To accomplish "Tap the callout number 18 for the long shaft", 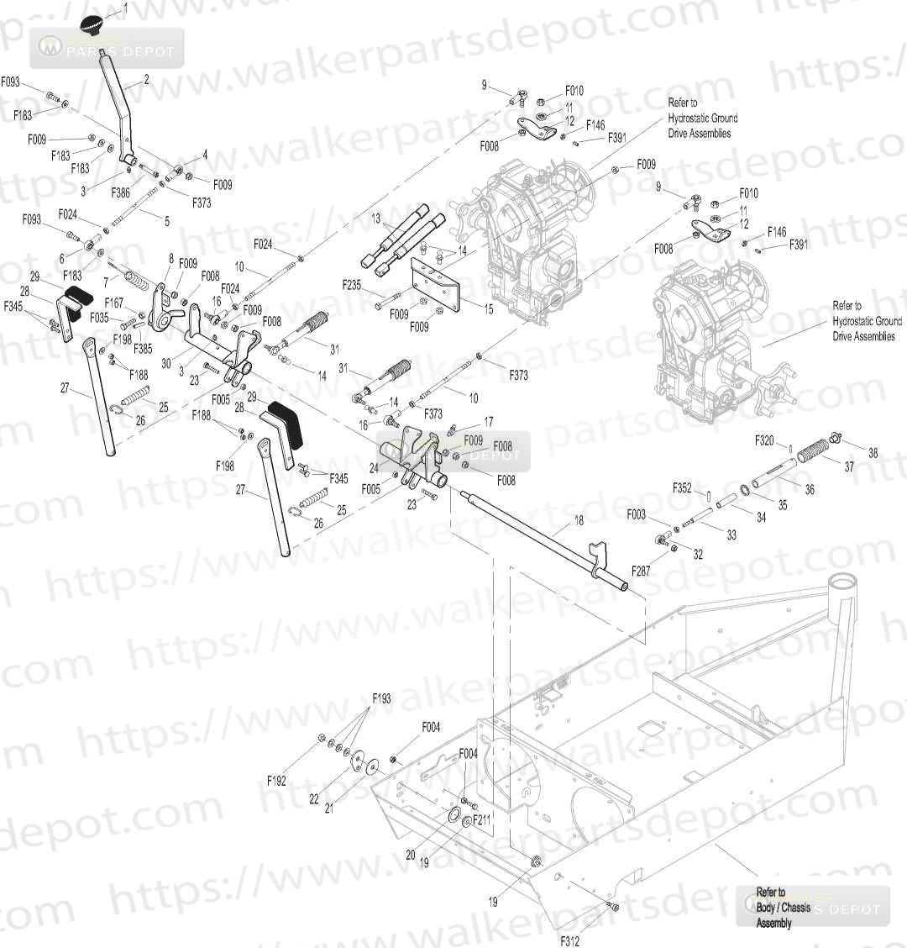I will [x=579, y=521].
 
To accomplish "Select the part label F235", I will [x=352, y=286].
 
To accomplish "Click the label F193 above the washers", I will [x=382, y=698].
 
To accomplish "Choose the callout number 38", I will [x=873, y=453].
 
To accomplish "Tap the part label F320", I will [x=764, y=440].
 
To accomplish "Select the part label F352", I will [x=682, y=487].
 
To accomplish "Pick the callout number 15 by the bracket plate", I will [x=489, y=308].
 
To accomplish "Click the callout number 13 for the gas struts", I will [x=376, y=218].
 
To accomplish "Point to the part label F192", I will [x=277, y=781].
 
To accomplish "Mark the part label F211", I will [x=481, y=819].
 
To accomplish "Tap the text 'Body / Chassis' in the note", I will [x=783, y=908].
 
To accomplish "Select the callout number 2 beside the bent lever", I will [x=146, y=80].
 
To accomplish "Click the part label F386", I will [x=121, y=192].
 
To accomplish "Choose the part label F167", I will [x=114, y=302].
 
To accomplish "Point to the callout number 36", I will [x=810, y=489].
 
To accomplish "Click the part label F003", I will [x=636, y=514].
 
